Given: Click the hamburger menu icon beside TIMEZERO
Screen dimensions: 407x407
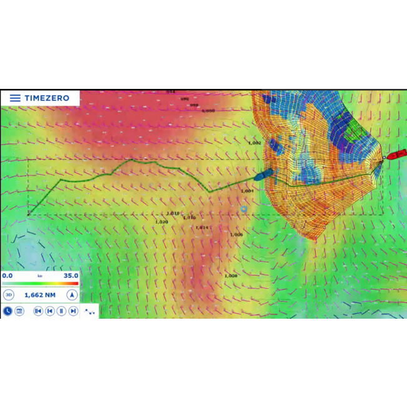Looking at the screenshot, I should point(15,98).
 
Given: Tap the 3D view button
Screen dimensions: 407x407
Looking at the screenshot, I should point(9,294).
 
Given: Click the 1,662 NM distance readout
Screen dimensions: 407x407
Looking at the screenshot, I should point(39,294).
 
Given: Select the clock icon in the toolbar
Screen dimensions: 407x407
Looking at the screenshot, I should point(8,311).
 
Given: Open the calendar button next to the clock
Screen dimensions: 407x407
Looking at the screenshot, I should point(19,311).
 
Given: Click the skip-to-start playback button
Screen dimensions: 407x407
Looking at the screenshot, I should point(38,311).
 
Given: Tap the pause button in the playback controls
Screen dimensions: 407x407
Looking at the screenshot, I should point(61,311).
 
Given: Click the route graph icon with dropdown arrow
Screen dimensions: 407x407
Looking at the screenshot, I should point(90,311).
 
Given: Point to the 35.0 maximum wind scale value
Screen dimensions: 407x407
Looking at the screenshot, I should point(71,276).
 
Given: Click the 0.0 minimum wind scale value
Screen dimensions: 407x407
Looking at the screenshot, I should point(8,276).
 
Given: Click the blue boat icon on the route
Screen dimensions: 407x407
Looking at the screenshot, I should point(263,175).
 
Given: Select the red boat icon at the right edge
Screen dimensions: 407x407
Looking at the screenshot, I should point(396,155).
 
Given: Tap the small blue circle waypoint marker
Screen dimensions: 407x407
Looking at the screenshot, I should point(244,210).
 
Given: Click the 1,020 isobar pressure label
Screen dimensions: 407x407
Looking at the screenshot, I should point(162,222).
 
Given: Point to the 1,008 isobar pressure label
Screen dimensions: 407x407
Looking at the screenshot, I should point(230,276).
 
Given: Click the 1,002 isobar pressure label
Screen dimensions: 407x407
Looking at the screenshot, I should point(254,143).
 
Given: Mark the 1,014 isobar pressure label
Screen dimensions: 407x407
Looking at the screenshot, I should point(202,227).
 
